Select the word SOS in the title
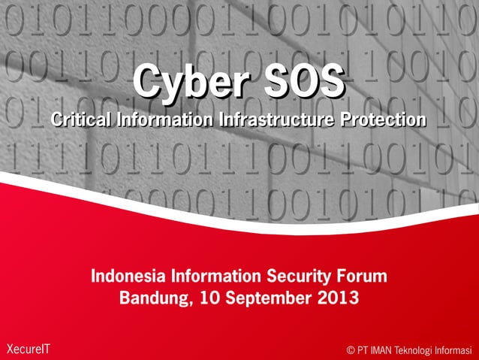point(298,80)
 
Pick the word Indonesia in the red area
point(128,276)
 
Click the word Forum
point(362,276)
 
